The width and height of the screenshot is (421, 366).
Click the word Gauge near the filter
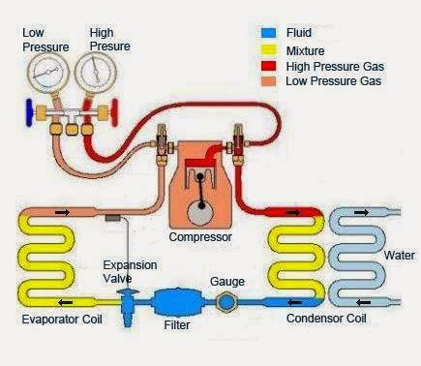pos(227,281)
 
